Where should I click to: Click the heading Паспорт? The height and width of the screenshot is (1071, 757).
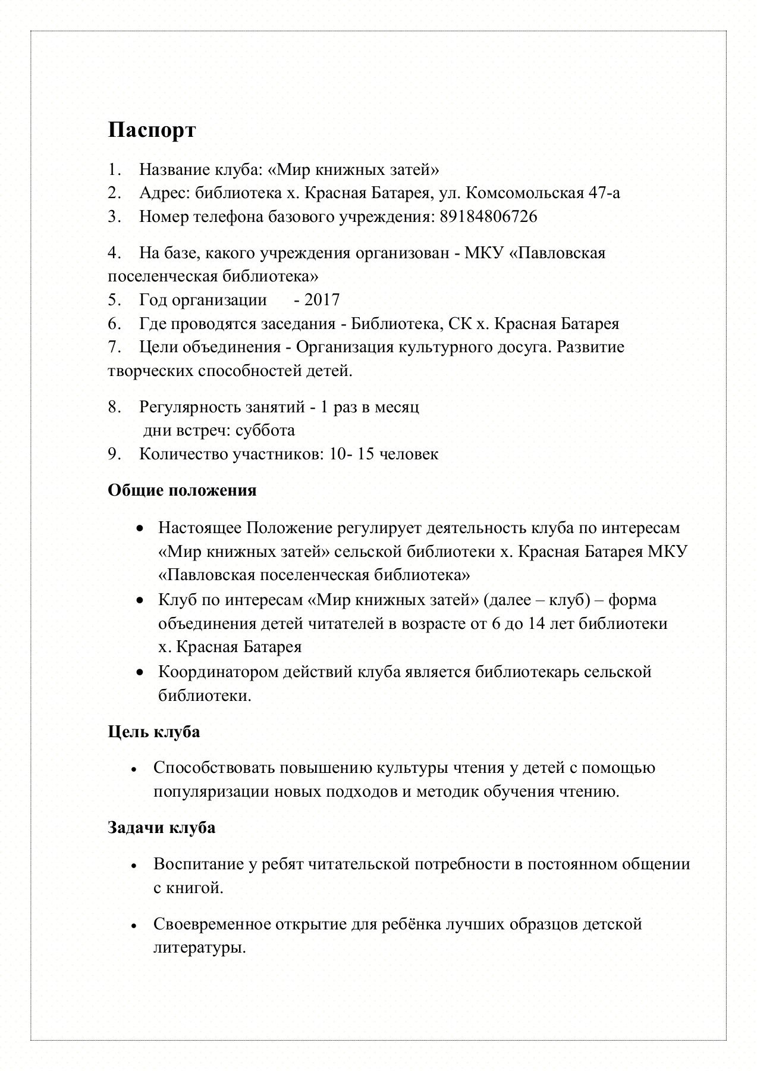click(x=152, y=130)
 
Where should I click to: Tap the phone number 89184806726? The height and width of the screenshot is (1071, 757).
click(x=488, y=217)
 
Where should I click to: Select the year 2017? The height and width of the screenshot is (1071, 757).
click(x=322, y=299)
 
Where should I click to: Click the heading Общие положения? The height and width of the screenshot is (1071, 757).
click(x=182, y=490)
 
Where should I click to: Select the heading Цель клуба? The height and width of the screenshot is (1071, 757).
click(x=153, y=731)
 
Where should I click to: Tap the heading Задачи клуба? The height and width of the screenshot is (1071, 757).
click(x=161, y=827)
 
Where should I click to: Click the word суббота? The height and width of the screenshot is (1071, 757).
click(x=265, y=430)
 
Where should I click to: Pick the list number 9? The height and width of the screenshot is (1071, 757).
click(x=114, y=454)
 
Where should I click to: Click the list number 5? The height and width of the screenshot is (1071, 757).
click(x=114, y=299)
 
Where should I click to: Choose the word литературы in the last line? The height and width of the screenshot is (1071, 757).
click(x=199, y=947)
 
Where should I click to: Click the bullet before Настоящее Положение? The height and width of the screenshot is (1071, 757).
click(x=139, y=528)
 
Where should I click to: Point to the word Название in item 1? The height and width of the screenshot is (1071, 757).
click(x=172, y=170)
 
